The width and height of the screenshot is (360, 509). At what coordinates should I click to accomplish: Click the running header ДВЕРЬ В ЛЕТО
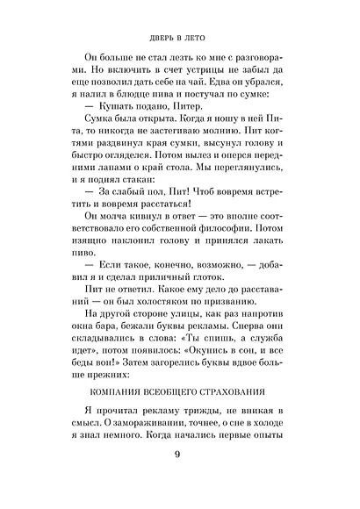point(179,38)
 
